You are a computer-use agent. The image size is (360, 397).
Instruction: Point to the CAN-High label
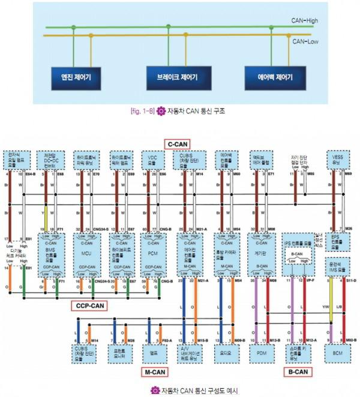[305, 20]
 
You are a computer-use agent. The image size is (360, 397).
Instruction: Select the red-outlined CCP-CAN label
[92, 305]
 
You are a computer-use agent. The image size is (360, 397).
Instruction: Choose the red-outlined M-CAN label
[155, 373]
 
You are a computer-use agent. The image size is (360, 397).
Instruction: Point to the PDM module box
[262, 353]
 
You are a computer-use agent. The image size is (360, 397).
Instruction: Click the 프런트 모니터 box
[118, 353]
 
